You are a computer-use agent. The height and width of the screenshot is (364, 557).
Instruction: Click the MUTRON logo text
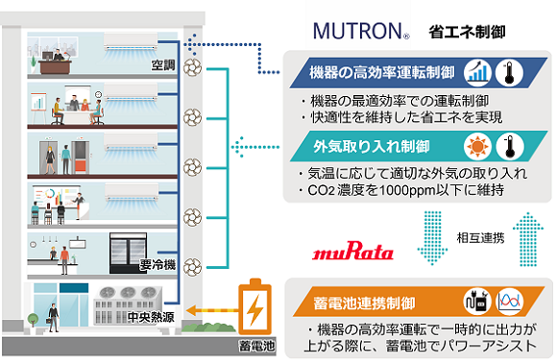361,30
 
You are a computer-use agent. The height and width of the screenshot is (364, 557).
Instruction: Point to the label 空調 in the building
164,65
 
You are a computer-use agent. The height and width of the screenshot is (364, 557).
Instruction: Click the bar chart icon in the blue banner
477,72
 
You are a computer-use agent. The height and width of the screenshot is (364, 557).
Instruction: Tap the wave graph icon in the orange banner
510,302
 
